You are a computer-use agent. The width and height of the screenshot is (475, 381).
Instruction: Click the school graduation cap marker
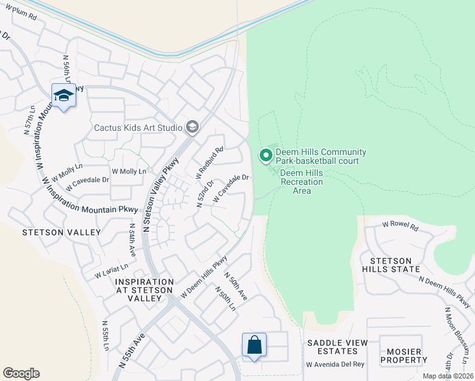click(63, 95)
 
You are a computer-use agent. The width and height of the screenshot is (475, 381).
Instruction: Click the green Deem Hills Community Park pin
click(265, 155)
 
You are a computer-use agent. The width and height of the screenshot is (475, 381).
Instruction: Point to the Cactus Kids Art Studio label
click(138, 128)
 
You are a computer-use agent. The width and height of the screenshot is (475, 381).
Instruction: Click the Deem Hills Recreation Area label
click(302, 182)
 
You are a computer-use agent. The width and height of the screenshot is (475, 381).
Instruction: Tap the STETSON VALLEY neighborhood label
click(61, 232)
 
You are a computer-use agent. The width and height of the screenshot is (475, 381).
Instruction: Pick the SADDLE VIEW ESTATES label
click(337, 347)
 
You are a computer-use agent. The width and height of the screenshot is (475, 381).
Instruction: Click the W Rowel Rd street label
click(400, 225)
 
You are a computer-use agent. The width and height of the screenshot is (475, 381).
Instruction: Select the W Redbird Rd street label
click(209, 162)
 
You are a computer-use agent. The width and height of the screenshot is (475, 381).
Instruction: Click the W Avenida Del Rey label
click(335, 364)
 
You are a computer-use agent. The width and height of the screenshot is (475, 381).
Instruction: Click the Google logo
click(21, 373)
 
